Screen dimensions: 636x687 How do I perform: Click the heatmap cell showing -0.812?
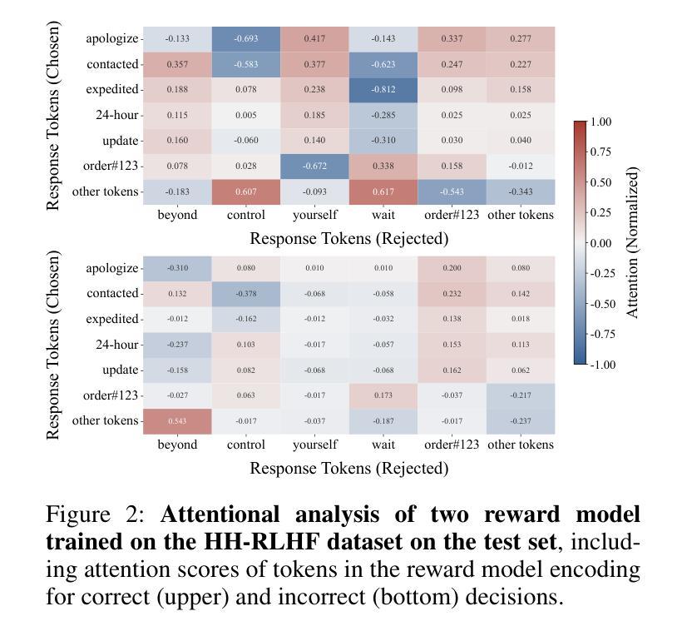tap(383, 90)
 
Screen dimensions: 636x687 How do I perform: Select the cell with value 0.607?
tap(245, 192)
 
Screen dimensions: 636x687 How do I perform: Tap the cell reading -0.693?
tap(245, 39)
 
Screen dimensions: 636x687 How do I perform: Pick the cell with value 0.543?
tap(177, 421)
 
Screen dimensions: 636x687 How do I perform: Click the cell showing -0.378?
tap(245, 294)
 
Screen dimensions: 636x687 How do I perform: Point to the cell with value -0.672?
tap(314, 166)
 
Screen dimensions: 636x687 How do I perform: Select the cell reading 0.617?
tap(383, 192)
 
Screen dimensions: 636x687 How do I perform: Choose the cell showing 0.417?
tap(314, 39)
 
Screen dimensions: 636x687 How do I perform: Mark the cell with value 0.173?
tap(383, 395)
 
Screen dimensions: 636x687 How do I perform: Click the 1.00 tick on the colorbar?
tap(601, 122)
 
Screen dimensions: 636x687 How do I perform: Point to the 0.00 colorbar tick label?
tap(601, 243)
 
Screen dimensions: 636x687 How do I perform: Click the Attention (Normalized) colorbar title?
tap(633, 242)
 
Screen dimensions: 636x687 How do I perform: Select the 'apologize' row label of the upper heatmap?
tap(111, 39)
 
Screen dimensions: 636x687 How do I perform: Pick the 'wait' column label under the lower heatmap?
tap(383, 445)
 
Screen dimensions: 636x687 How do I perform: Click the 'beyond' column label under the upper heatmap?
tap(177, 216)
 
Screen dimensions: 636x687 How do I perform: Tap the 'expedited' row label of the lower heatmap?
tap(111, 319)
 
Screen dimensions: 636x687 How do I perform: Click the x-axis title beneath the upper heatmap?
tap(348, 239)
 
